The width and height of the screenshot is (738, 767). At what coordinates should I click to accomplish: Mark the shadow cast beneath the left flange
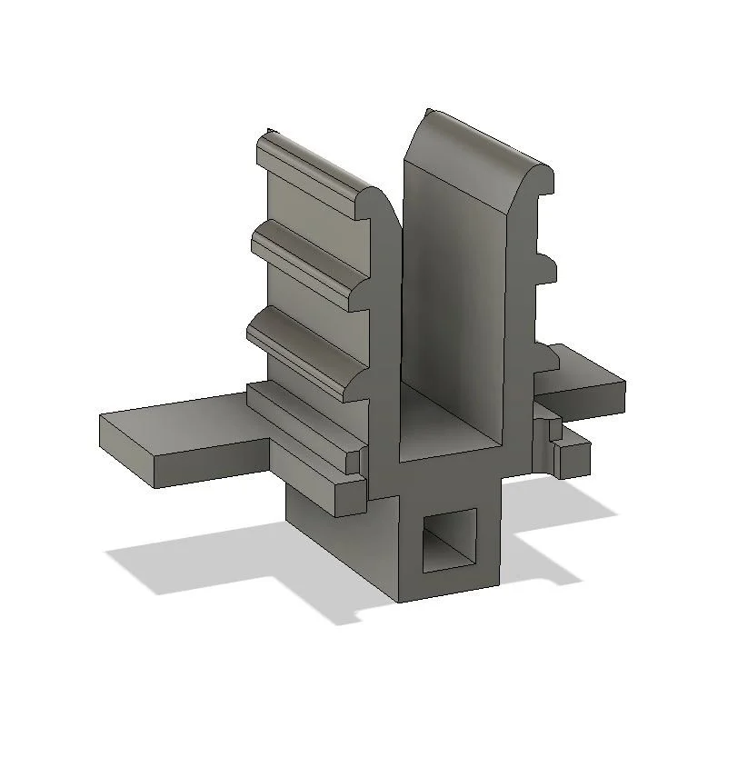coord(182,563)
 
